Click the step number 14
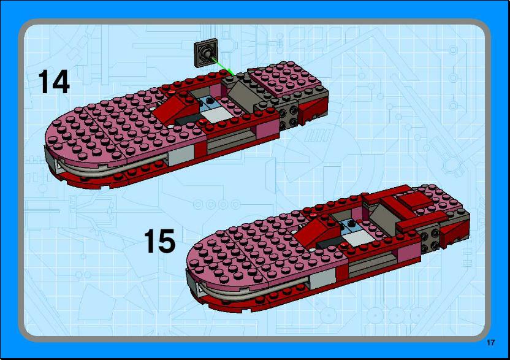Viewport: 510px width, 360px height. (54, 82)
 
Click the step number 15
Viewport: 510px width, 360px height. (159, 241)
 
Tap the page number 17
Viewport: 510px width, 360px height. (491, 342)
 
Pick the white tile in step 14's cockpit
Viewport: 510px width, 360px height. (216, 114)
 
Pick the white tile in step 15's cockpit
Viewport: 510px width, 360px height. (357, 237)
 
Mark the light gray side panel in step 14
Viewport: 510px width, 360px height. (181, 155)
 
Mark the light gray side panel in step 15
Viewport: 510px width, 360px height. (322, 279)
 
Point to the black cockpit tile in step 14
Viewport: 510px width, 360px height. (186, 120)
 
